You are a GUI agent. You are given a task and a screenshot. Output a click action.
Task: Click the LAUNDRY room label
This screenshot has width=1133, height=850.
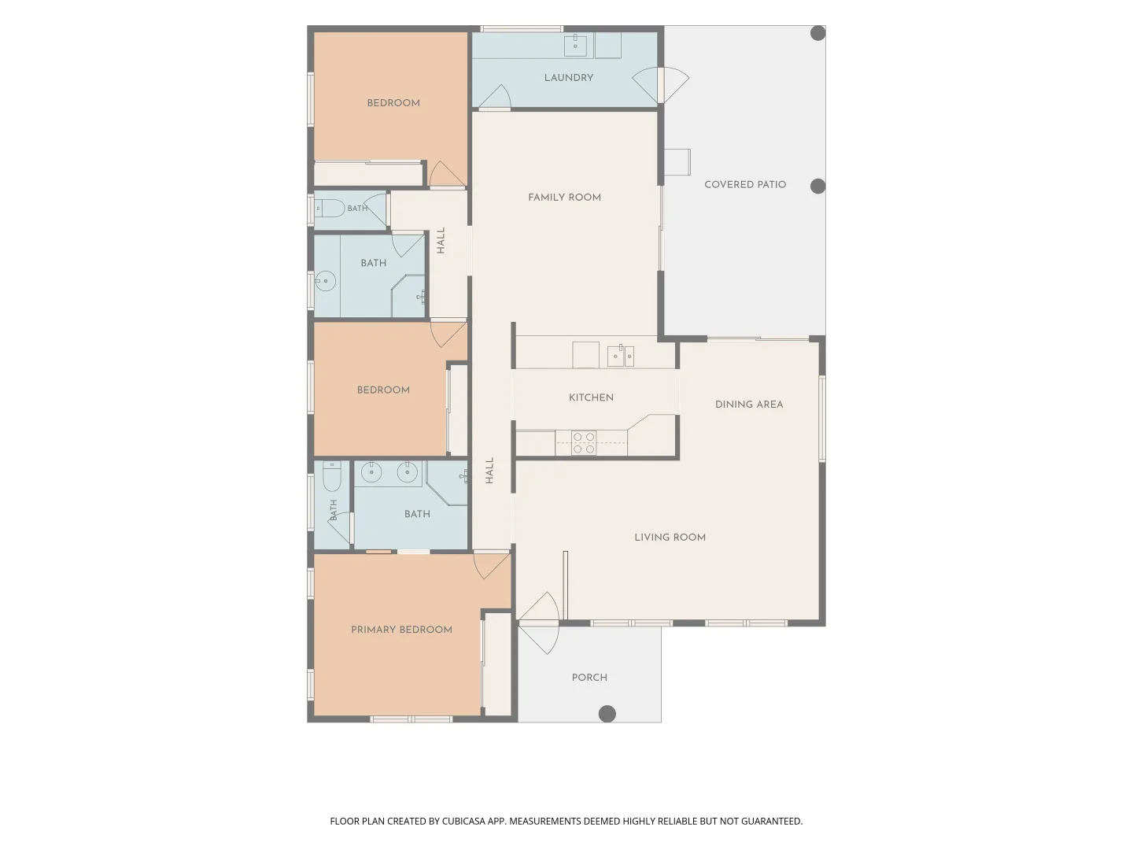click(x=568, y=78)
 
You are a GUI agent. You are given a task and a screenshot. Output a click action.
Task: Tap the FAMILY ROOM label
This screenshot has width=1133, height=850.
click(x=564, y=197)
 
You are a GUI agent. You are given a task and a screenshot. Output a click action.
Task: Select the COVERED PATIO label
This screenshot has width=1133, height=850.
click(x=745, y=184)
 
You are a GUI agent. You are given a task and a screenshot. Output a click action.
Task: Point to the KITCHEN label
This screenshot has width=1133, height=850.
click(x=591, y=397)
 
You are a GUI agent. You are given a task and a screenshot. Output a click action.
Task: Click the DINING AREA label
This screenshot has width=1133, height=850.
click(x=749, y=404)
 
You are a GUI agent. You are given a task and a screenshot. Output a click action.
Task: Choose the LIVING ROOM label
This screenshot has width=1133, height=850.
click(x=670, y=537)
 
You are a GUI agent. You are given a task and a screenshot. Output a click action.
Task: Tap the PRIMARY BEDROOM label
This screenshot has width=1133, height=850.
click(x=401, y=629)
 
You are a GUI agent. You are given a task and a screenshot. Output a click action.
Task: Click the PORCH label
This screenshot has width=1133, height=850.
click(x=589, y=677)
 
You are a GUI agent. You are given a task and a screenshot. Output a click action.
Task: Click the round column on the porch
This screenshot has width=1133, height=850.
click(x=607, y=714)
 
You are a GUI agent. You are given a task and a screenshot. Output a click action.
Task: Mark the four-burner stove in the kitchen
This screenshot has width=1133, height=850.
click(x=583, y=443)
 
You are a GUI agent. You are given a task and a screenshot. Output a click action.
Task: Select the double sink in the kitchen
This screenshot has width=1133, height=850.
click(x=621, y=356)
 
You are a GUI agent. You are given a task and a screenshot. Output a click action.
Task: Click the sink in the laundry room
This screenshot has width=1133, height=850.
click(x=575, y=46)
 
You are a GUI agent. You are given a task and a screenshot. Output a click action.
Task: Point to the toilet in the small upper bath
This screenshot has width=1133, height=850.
click(x=330, y=208)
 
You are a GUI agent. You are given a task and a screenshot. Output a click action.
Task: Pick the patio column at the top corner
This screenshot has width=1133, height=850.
click(x=817, y=33)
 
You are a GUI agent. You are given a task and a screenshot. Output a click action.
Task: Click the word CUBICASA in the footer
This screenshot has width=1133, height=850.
click(x=463, y=821)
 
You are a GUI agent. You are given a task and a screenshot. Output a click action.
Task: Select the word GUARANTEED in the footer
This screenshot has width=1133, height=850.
click(x=771, y=821)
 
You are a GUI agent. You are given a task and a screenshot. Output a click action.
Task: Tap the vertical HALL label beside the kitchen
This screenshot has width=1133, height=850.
click(x=489, y=470)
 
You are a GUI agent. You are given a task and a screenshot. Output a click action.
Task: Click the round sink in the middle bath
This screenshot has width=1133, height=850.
click(x=325, y=281)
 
